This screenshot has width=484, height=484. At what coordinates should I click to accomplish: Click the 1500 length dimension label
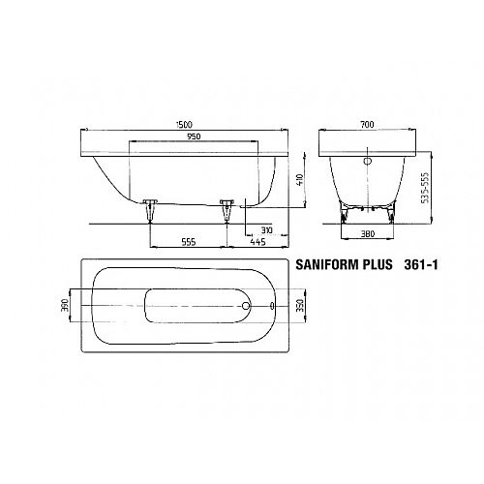click(184, 125)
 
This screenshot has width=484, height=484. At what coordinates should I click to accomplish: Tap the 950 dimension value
click(194, 136)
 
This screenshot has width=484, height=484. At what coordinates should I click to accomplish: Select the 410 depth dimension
click(300, 179)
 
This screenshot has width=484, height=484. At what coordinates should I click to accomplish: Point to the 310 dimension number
click(267, 230)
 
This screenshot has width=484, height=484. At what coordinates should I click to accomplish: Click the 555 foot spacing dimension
click(189, 242)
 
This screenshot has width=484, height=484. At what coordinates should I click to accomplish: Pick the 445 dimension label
click(257, 242)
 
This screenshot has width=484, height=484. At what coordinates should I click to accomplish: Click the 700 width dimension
click(367, 125)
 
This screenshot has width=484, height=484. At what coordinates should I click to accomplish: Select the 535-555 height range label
click(426, 188)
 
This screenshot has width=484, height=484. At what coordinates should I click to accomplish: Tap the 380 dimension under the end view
click(367, 233)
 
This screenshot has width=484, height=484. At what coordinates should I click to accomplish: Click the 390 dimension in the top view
click(65, 305)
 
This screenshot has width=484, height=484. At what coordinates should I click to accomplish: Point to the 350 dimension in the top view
click(300, 305)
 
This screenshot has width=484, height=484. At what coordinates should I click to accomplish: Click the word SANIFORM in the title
click(327, 264)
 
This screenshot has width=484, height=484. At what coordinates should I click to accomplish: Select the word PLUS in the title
click(378, 264)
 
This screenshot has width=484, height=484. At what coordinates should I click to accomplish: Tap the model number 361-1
click(421, 264)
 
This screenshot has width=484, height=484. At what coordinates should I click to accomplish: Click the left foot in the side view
click(150, 211)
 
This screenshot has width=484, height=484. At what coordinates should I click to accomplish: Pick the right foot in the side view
click(227, 211)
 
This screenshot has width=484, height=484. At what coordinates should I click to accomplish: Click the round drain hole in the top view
click(246, 305)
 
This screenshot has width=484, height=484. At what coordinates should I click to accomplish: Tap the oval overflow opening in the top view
click(272, 305)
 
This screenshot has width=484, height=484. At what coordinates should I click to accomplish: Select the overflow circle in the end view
click(368, 161)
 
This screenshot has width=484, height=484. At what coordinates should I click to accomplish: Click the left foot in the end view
click(344, 213)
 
